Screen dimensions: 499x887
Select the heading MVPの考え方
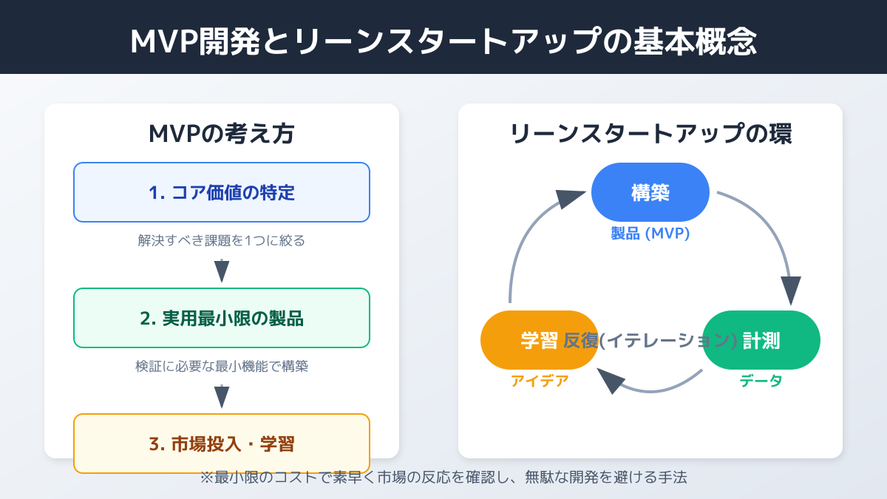222,134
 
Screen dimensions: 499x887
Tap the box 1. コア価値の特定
222,193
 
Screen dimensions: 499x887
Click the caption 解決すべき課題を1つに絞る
222,240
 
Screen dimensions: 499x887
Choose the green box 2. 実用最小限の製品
222,319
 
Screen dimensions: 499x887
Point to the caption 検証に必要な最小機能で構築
222,366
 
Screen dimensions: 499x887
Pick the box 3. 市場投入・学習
222,444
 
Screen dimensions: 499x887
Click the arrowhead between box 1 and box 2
222,271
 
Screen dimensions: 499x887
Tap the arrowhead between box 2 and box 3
222,397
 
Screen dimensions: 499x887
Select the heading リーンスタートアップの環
650,134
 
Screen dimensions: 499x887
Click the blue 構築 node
650,192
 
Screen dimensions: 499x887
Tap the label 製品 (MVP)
650,234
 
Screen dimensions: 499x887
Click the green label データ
761,381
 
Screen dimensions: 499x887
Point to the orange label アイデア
540,381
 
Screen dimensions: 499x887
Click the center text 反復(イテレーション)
650,340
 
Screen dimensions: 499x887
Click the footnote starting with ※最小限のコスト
443,478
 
